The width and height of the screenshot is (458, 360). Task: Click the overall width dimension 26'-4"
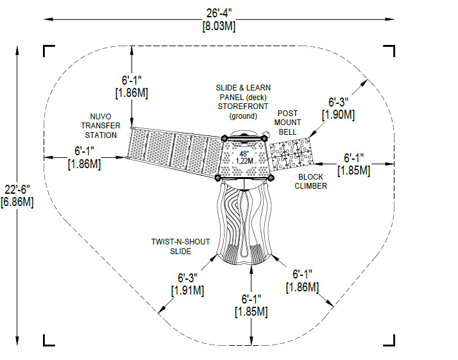click(x=219, y=13)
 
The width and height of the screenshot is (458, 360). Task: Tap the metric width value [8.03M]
click(x=219, y=26)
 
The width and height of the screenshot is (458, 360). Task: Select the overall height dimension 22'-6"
click(x=17, y=190)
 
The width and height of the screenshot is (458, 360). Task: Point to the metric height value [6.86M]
click(x=17, y=202)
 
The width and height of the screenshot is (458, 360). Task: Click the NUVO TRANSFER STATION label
click(x=101, y=126)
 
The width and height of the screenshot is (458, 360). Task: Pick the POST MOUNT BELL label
click(x=288, y=123)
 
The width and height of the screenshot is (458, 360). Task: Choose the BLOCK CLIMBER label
click(x=310, y=182)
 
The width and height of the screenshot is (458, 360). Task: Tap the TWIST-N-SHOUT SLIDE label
click(x=180, y=246)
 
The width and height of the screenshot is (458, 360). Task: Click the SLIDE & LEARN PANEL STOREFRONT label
click(x=243, y=102)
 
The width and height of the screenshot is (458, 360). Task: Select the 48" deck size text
click(x=244, y=154)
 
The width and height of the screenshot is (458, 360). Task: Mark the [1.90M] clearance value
click(x=338, y=114)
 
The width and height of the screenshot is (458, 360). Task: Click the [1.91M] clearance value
click(x=187, y=291)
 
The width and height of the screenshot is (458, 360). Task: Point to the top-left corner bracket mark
click(x=49, y=51)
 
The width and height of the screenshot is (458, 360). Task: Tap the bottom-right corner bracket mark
click(x=389, y=340)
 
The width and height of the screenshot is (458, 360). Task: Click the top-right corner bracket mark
click(x=389, y=51)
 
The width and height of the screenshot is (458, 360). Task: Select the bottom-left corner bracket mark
click(x=49, y=340)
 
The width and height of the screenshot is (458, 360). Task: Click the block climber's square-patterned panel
click(x=291, y=154)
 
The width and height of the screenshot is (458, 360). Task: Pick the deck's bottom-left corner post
click(x=217, y=178)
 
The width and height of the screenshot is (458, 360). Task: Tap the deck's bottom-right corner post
click(x=271, y=178)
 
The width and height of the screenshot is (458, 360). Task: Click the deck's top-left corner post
click(x=225, y=139)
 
